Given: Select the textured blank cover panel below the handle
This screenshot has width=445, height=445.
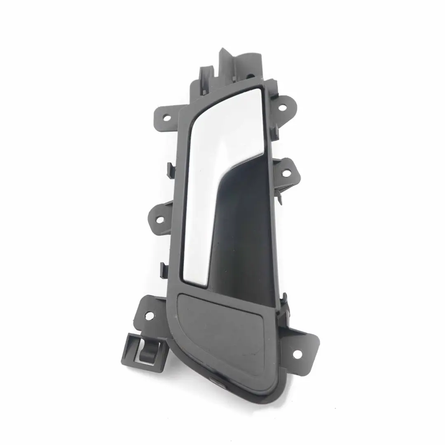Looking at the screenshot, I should tap(222, 326).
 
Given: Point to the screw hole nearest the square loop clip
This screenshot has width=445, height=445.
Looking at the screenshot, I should tap(149, 316).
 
